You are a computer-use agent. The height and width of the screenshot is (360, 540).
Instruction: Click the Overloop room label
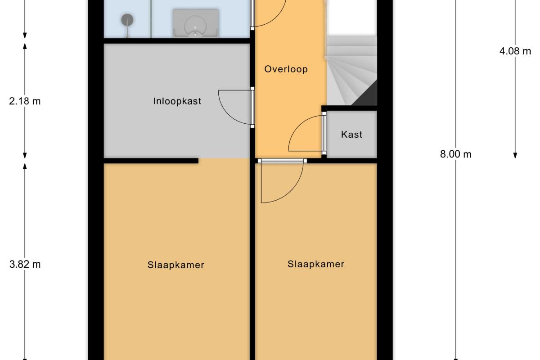tap(286, 69)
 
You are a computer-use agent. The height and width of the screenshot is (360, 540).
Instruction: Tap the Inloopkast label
tap(177, 101)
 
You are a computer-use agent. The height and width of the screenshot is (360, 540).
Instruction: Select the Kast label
tap(352, 134)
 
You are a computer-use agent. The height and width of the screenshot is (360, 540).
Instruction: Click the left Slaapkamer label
tap(176, 265)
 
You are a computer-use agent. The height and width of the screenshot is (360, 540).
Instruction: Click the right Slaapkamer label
tap(316, 264)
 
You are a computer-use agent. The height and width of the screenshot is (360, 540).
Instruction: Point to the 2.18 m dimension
tap(25, 101)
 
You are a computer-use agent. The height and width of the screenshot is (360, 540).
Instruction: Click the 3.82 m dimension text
tap(25, 265)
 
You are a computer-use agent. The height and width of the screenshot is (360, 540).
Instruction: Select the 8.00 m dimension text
tap(455, 154)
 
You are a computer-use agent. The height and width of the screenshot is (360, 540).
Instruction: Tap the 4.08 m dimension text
tap(515, 51)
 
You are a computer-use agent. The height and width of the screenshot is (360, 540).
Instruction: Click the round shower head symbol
tap(127, 20)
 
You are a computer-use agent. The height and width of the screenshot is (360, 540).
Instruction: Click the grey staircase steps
tap(352, 70)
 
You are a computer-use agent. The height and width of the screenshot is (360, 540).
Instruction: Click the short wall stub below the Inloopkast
tap(151, 161)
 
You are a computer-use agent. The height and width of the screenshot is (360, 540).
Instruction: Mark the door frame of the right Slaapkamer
tap(282, 161)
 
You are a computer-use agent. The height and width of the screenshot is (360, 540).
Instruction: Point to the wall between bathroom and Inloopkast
tap(177, 41)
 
